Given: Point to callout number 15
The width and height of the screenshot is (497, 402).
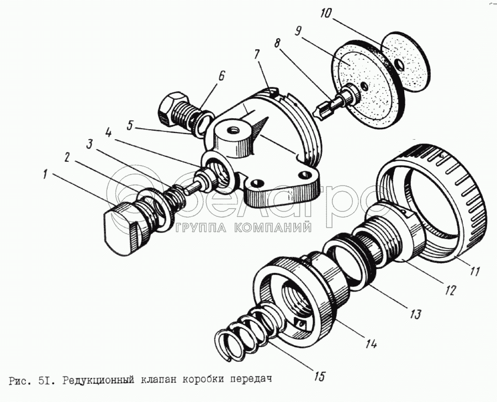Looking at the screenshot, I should tap(319, 377).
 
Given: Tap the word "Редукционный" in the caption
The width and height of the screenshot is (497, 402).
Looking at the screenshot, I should tap(96, 380).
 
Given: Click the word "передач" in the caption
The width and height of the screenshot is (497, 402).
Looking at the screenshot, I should tap(252, 380).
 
